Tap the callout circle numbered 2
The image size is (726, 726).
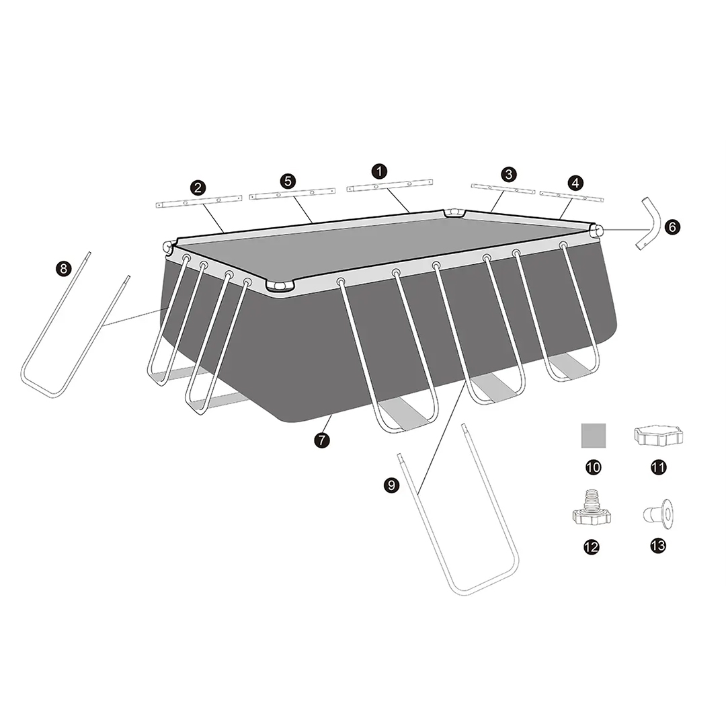pyautogui.click(x=198, y=188)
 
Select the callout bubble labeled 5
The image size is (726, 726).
pyautogui.click(x=288, y=181)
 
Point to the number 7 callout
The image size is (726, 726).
pyautogui.click(x=322, y=440)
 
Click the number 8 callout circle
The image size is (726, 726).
pyautogui.click(x=63, y=268)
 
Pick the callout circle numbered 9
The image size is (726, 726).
pyautogui.click(x=391, y=485)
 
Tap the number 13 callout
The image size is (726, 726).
pyautogui.click(x=658, y=545)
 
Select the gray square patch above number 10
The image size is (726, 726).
pyautogui.click(x=594, y=435)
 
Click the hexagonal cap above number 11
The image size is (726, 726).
pyautogui.click(x=658, y=436)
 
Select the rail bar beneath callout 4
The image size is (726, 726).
pyautogui.click(x=572, y=196)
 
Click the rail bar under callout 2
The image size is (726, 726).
pyautogui.click(x=199, y=202)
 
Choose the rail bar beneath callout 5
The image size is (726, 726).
pyautogui.click(x=292, y=194)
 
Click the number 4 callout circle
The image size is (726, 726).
pyautogui.click(x=575, y=183)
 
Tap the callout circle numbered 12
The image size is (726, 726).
pyautogui.click(x=592, y=547)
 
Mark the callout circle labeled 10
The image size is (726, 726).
pyautogui.click(x=593, y=467)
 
